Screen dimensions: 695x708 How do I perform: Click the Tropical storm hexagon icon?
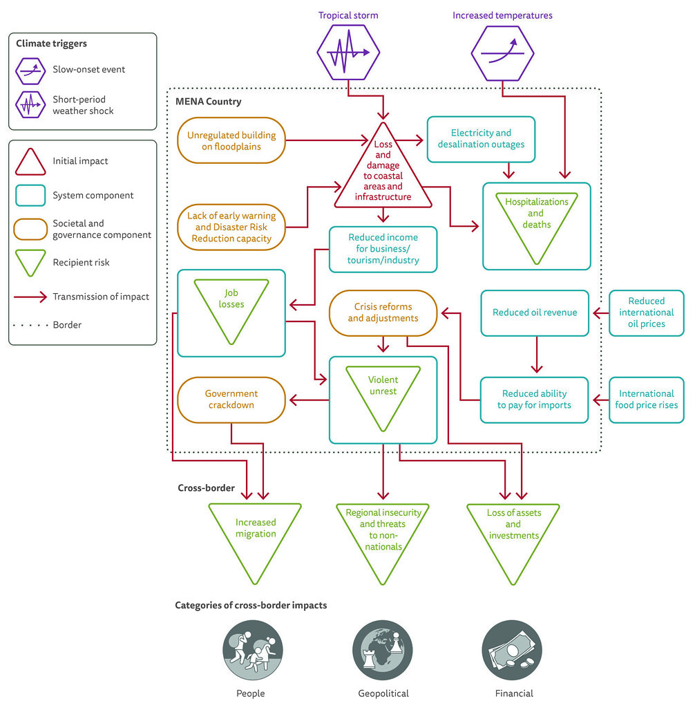click(348, 53)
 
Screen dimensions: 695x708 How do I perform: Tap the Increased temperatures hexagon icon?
click(502, 53)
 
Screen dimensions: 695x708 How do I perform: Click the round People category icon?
click(253, 650)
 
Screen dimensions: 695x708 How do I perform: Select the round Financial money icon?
click(512, 650)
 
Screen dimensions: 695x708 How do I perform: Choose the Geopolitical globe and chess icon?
click(383, 650)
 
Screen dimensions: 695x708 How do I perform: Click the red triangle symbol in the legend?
click(30, 162)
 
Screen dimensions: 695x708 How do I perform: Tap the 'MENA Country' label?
click(209, 102)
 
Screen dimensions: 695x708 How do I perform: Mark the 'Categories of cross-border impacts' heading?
click(251, 606)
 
